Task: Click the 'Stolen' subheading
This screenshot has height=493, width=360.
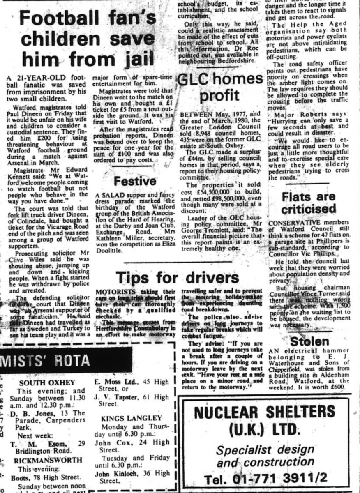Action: click(309, 341)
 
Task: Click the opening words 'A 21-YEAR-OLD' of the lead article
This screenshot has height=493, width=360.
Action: click(30, 78)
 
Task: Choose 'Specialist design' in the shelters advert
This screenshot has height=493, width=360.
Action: click(265, 450)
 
